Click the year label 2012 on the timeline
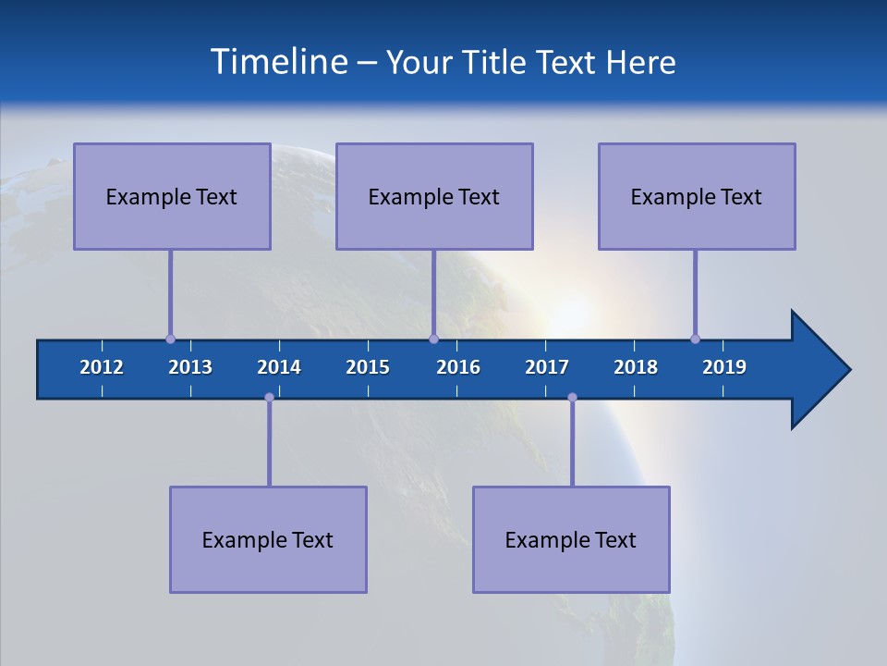tap(102, 367)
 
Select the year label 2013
tap(190, 367)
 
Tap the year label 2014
tap(279, 367)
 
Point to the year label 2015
tap(368, 367)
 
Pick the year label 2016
tap(458, 367)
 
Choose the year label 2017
tap(547, 367)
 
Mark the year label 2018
tap(636, 367)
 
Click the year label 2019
tap(724, 367)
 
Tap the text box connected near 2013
tap(172, 196)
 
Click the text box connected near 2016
tap(434, 196)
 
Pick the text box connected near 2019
tap(697, 196)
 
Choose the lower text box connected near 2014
tap(268, 539)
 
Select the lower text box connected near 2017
tap(571, 539)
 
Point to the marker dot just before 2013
tap(170, 339)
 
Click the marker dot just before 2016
tap(433, 339)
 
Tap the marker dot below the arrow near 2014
tap(269, 397)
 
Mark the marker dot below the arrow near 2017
tap(572, 397)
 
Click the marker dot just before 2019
tap(695, 339)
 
